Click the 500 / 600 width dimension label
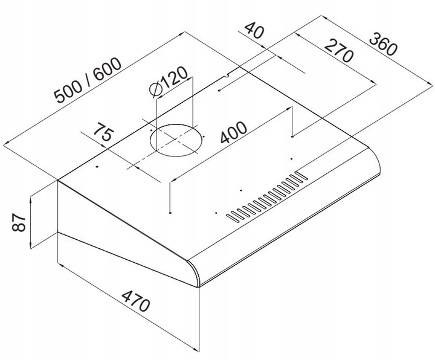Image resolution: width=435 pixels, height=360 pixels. [x=88, y=80]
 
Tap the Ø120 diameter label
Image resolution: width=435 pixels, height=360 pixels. [x=169, y=82]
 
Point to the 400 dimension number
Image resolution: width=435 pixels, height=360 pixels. [x=233, y=132]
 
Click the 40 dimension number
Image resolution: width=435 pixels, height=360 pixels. [x=254, y=30]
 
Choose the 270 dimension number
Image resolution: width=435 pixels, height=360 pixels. [x=339, y=51]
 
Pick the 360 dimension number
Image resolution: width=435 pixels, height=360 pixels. [x=384, y=44]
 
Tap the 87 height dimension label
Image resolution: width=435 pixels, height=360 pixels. [x=19, y=222]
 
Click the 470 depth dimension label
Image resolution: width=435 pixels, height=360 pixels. [x=136, y=301]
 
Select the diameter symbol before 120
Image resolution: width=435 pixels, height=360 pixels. [x=156, y=89]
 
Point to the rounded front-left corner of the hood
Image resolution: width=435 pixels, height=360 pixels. [x=194, y=271]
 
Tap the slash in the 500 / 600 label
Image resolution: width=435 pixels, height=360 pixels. [x=88, y=80]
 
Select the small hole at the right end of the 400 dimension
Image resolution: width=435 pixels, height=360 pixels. [x=292, y=137]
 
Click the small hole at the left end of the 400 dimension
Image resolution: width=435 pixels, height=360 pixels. [x=170, y=213]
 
